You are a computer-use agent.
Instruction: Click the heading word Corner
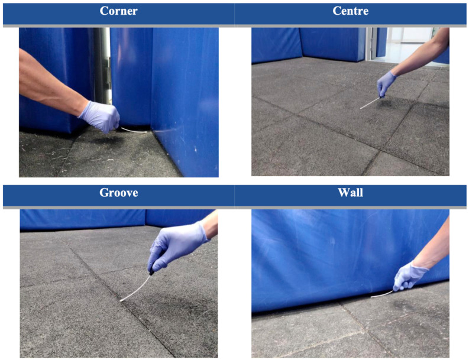(118, 11)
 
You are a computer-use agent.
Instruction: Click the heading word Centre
(350, 11)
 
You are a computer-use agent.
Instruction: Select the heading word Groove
(118, 193)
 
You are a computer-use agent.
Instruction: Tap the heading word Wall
(350, 193)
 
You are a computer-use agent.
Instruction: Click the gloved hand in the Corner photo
(100, 116)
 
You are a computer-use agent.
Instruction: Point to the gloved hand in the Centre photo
(386, 84)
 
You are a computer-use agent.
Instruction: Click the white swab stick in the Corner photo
(134, 130)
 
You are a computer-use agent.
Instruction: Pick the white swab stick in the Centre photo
(370, 103)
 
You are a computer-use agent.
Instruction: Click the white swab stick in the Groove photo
(135, 289)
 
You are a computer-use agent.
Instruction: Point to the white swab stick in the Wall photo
(382, 294)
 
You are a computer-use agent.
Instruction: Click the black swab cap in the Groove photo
(151, 272)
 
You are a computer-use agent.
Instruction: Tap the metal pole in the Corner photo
(102, 66)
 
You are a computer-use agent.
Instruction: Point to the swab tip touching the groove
(122, 300)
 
